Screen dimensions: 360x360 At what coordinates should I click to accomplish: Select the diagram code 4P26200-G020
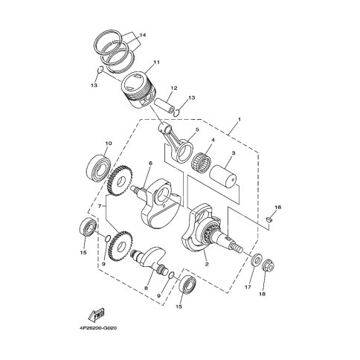click(x=98, y=328)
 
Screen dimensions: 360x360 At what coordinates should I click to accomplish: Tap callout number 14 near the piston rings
click(x=143, y=35)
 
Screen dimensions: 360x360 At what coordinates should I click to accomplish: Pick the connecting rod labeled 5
click(x=177, y=143)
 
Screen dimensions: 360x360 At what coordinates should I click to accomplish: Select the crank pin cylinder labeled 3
click(x=223, y=178)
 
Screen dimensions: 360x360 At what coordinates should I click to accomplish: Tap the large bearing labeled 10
click(x=99, y=167)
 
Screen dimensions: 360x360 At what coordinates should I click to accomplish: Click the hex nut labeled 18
click(x=269, y=266)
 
